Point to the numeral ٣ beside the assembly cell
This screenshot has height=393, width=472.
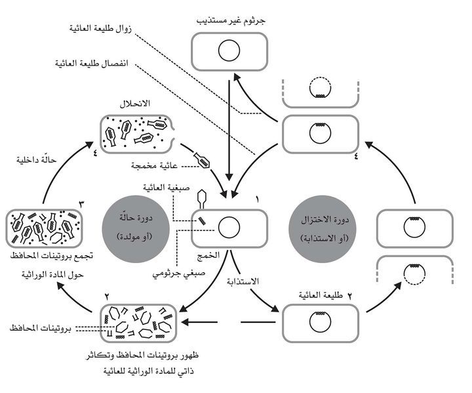point(81,205)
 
